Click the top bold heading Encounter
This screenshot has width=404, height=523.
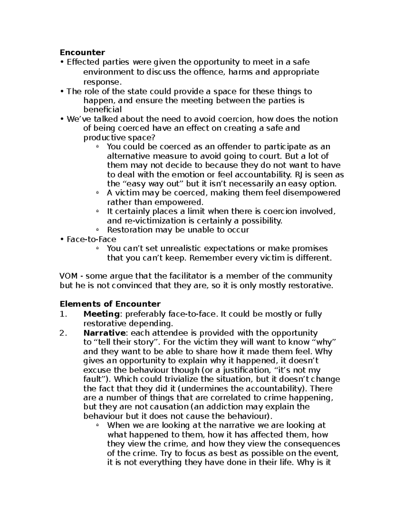pyautogui.click(x=82, y=53)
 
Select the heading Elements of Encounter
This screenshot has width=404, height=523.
pyautogui.click(x=110, y=304)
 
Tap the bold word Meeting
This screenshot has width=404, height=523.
pyautogui.click(x=101, y=314)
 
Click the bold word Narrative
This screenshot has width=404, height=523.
pyautogui.click(x=104, y=333)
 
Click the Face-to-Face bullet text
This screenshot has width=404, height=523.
pyautogui.click(x=91, y=239)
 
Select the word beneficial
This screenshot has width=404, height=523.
pyautogui.click(x=102, y=109)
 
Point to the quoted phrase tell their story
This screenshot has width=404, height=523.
pyautogui.click(x=125, y=342)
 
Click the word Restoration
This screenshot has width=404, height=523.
pyautogui.click(x=128, y=230)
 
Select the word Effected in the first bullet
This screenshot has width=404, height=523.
pyautogui.click(x=83, y=62)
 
